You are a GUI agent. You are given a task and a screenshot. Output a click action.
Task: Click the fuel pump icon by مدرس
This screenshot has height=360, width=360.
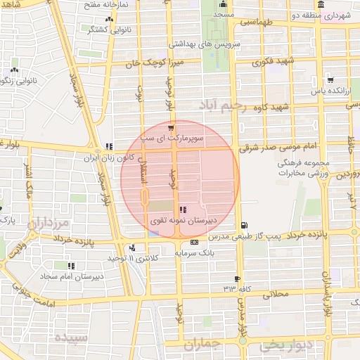click(x=243, y=226)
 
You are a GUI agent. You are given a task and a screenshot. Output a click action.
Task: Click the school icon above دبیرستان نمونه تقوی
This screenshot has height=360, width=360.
click(x=184, y=209)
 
